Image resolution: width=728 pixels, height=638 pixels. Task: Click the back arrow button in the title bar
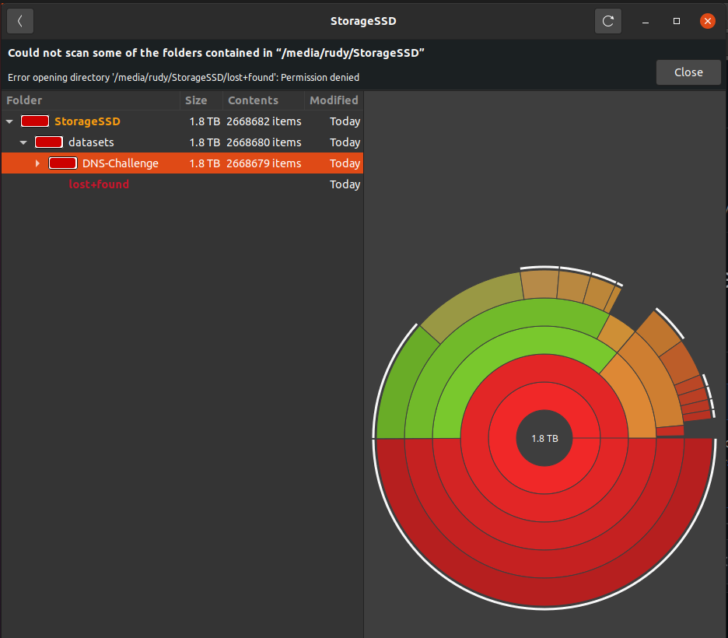pos(20,21)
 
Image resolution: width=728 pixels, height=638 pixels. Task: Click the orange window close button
pos(707,21)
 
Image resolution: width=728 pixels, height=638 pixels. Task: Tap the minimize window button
pos(646,21)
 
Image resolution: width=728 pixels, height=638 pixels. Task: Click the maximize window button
pos(677,21)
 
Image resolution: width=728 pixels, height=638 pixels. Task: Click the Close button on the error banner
pos(688,72)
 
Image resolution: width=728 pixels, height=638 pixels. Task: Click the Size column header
pos(196,100)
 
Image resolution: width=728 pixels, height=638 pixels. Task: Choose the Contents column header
pos(253,100)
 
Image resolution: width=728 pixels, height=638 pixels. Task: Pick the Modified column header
pos(334,100)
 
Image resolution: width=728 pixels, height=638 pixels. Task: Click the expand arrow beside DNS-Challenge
pos(37,163)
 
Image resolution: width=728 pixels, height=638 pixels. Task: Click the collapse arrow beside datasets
pos(23,142)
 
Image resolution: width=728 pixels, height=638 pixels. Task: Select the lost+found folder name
pos(99,184)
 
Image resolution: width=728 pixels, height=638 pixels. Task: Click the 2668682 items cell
pos(264,121)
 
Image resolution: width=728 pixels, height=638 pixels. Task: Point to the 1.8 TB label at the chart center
pos(544,438)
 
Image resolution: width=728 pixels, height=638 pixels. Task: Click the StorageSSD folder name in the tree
pos(87,121)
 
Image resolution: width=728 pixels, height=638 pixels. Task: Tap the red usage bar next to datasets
pos(49,142)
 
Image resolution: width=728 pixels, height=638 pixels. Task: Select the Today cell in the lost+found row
pos(345,184)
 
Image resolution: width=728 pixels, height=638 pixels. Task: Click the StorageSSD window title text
pos(363,21)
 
